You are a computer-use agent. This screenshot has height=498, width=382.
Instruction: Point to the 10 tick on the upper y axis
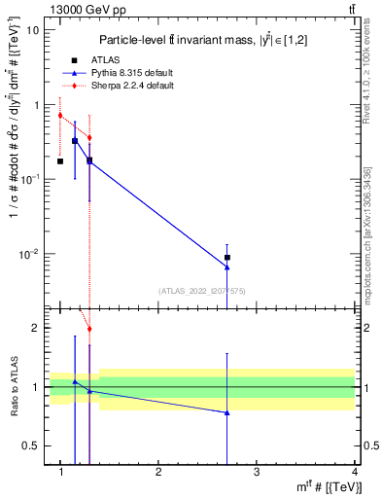(x=35, y=29)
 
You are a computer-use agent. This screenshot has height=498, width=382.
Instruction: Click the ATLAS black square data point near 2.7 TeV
(x=227, y=258)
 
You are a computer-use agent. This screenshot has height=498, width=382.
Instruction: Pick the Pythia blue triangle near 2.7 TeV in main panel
(x=227, y=267)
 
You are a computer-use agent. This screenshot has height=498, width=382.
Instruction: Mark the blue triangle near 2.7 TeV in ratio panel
(x=227, y=412)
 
